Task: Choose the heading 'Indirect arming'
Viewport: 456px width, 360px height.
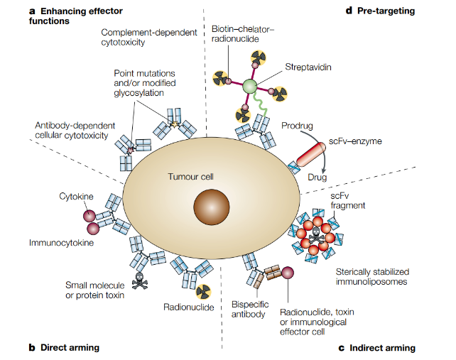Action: click(x=382, y=347)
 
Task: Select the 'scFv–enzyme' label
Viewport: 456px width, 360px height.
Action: click(x=355, y=142)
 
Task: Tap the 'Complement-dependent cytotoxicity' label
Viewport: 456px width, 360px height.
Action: click(x=148, y=38)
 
